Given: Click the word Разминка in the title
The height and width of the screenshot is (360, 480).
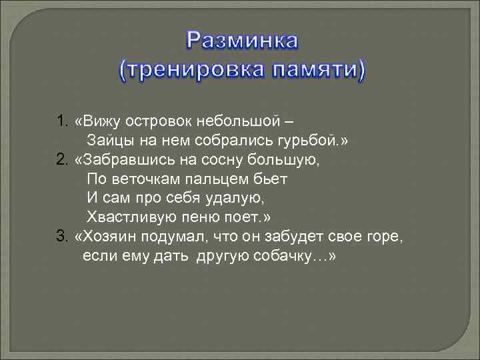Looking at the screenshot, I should coord(243,41).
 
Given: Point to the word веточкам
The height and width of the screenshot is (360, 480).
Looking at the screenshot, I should coord(140,180).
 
